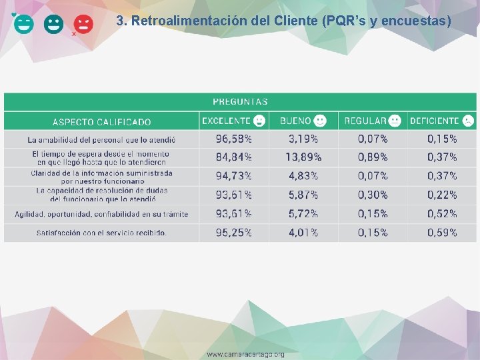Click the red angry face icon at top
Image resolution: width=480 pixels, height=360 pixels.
83,25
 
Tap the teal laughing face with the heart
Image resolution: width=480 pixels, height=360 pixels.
23,25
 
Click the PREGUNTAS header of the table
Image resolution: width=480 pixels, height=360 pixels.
240,102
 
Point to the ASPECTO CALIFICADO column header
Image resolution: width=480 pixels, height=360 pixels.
101,122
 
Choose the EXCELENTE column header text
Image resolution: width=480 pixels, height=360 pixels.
226,121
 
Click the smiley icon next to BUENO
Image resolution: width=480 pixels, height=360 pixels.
321,121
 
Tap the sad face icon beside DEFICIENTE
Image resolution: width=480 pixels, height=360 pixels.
469,121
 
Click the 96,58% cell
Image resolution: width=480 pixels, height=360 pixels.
233,139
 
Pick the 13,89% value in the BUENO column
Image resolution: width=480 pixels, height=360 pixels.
303,157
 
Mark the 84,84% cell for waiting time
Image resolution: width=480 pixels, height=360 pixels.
233,157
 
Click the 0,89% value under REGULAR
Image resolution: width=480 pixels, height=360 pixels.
373,157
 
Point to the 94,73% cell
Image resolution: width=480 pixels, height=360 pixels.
233,176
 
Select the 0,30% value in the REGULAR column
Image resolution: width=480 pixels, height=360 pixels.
373,195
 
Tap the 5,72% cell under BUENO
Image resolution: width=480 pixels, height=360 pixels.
303,214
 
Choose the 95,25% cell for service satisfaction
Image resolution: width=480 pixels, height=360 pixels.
233,233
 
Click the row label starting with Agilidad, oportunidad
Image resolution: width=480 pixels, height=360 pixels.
101,214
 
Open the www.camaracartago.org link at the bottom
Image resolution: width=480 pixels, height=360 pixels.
245,354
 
